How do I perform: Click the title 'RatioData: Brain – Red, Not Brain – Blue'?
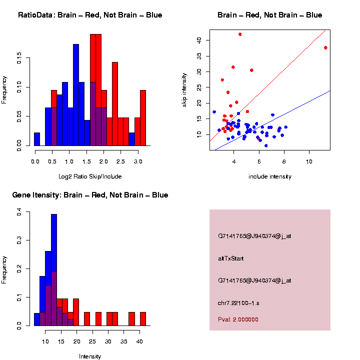tap(90, 15)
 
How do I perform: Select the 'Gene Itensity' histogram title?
tap(90, 195)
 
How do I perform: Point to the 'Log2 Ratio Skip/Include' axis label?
tap(90, 176)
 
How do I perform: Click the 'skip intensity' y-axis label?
tap(184, 89)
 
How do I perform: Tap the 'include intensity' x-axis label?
tap(270, 176)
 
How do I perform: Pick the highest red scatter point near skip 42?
tap(240, 34)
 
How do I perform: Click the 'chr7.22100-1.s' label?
tap(238, 303)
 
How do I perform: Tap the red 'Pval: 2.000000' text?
tap(238, 319)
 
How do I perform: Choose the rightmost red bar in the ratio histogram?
tap(143, 118)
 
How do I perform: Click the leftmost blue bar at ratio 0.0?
tap(37, 139)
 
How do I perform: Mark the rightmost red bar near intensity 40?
tap(143, 319)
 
